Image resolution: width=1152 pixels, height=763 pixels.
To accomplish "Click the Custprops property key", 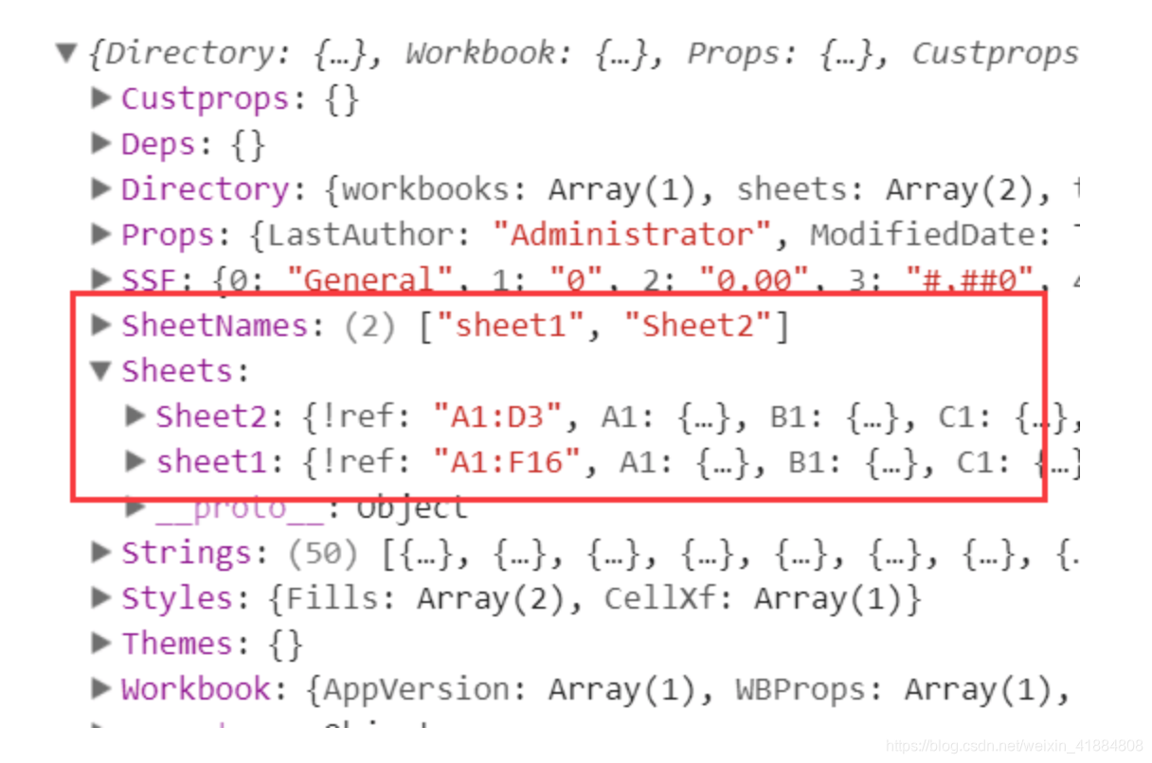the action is (x=205, y=98).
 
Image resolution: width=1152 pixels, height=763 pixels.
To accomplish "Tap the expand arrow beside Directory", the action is (x=101, y=188).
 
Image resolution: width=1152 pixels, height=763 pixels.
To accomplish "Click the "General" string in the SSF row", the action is (x=359, y=280).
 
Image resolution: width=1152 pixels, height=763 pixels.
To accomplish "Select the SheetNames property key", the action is (x=215, y=326).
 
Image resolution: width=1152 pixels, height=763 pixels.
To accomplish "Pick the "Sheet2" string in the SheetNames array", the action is (x=701, y=326).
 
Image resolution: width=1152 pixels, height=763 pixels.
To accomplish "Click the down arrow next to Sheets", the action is (x=101, y=371).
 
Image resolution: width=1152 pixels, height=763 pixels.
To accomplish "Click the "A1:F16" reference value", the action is (x=506, y=462).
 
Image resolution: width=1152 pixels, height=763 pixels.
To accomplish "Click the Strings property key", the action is (x=187, y=553).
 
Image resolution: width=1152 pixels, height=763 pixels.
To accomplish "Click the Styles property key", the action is (x=177, y=598).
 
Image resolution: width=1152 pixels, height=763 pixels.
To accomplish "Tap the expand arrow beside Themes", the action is (x=101, y=643).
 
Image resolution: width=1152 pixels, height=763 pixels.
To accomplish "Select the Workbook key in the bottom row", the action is (x=195, y=689).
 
